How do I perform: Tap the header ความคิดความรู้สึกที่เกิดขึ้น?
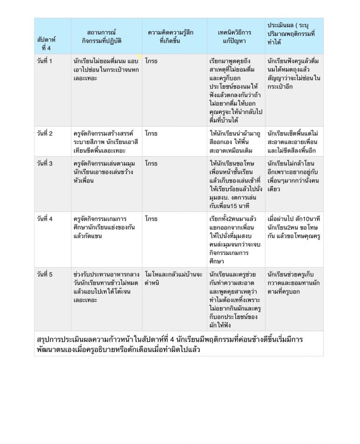[170, 36]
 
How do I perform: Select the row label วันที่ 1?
[45, 61]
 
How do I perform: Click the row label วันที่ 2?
[45, 133]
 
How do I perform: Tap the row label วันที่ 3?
[45, 163]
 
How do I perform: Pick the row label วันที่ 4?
[45, 219]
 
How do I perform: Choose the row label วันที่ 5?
[45, 274]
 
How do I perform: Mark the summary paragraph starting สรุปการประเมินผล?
[169, 344]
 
